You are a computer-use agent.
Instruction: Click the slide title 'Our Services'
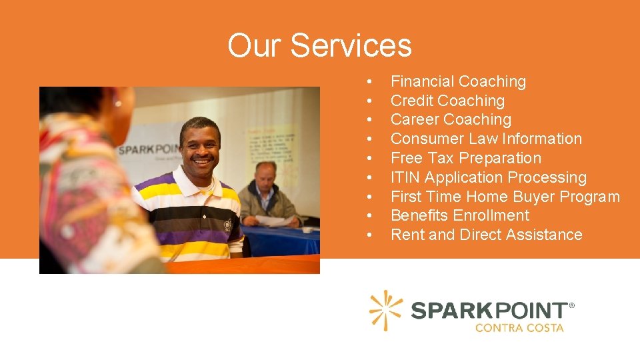pos(319,45)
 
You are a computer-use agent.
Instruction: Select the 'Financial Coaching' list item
pos(458,82)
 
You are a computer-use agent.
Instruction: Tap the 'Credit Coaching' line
pos(447,101)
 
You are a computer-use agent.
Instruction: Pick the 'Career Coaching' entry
pos(451,120)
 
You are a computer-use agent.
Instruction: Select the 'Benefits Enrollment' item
pos(459,216)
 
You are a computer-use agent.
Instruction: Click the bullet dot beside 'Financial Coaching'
pos(368,83)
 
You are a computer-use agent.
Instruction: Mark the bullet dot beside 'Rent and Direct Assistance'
pos(368,236)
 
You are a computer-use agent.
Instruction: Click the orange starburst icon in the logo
pos(386,311)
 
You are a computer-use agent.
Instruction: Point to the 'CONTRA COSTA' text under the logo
pos(519,328)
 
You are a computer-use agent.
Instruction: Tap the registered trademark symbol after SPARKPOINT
pos(571,306)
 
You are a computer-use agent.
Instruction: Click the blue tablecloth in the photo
pos(280,240)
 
